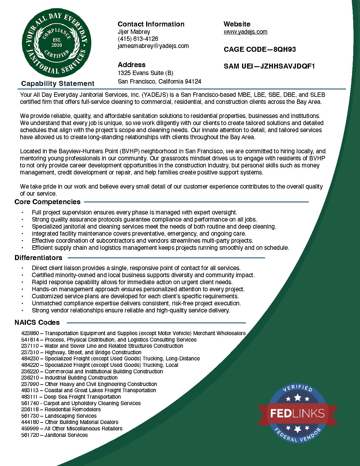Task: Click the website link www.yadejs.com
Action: click(245, 32)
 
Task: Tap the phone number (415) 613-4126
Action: click(138, 39)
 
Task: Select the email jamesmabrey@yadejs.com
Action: click(153, 46)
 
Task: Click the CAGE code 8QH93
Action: click(284, 49)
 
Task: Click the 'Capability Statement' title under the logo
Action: click(58, 84)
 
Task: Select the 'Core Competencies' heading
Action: click(47, 202)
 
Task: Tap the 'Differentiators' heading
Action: click(38, 258)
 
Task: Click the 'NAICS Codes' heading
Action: click(37, 322)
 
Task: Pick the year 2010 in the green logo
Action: click(56, 45)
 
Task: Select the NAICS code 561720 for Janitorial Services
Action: click(30, 435)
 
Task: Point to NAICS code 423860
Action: click(30, 333)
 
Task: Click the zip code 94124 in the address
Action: click(193, 81)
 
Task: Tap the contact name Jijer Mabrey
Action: click(134, 32)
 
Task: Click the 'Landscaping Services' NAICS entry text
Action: click(70, 416)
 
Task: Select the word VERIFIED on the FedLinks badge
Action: click(297, 389)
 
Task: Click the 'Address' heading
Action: click(131, 65)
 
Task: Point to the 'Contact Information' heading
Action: click(151, 24)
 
